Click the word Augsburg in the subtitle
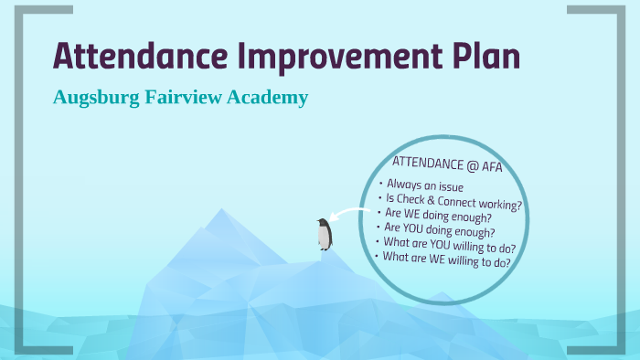click(x=95, y=98)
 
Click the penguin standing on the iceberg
click(x=324, y=234)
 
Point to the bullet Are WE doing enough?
click(x=439, y=217)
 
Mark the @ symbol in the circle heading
click(x=472, y=164)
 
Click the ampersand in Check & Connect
click(x=431, y=200)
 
